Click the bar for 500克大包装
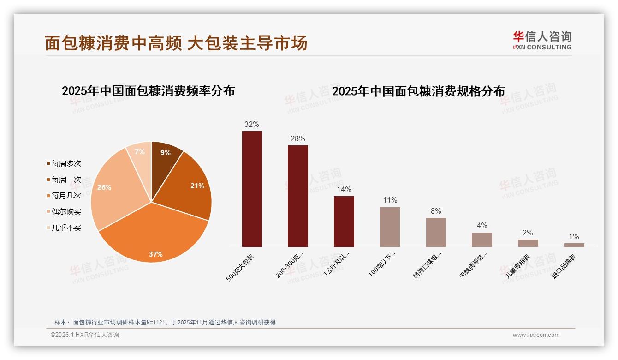[252, 189]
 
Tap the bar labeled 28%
[297, 196]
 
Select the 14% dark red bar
[344, 222]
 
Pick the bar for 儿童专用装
[528, 243]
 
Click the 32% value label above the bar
[252, 124]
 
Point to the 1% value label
[574, 236]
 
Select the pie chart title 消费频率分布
[148, 91]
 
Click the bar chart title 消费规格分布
[418, 91]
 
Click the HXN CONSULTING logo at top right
[542, 41]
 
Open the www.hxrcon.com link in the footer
[536, 335]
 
